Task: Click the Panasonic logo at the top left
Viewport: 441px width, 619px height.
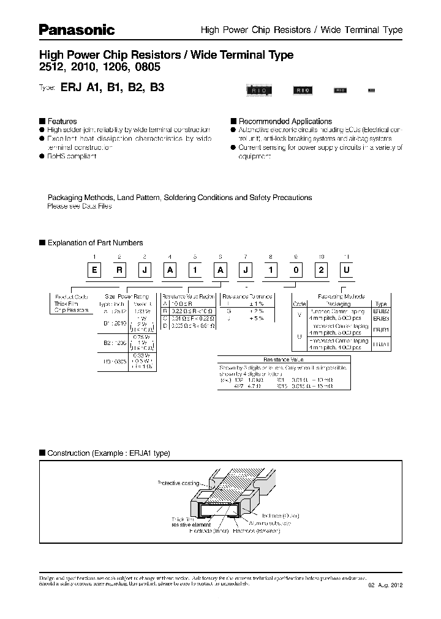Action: coord(77,29)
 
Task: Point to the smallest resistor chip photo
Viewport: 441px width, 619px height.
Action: coord(370,91)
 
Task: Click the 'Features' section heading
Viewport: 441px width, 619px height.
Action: coord(62,121)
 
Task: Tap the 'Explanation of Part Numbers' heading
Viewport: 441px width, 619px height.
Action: coord(95,243)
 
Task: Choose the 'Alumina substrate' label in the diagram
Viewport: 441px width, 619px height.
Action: coord(270,524)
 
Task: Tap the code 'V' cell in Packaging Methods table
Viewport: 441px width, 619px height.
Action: coord(299,315)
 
